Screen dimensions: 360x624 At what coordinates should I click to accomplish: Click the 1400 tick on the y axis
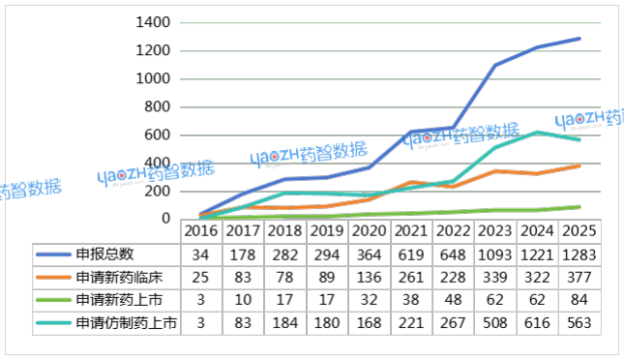(x=155, y=22)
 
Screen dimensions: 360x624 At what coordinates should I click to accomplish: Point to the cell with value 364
(x=370, y=255)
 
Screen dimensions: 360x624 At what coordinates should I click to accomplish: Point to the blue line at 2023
(x=495, y=66)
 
